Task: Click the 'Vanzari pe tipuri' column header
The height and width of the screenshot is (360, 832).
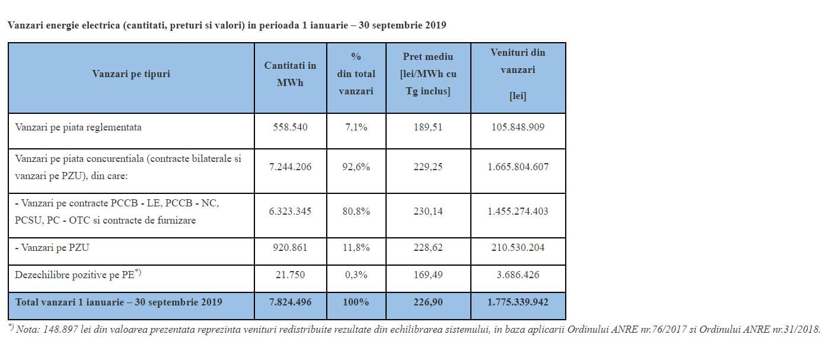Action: click(x=131, y=74)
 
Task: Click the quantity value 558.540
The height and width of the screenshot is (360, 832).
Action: click(x=290, y=127)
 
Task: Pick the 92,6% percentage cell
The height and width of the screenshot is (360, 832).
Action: click(x=356, y=167)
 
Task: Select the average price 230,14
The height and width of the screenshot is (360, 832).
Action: click(x=428, y=211)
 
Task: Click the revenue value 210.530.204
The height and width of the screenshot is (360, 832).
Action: click(x=518, y=247)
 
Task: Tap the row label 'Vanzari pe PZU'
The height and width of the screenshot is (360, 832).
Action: click(x=52, y=247)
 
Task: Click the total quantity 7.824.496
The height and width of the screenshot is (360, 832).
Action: click(x=290, y=302)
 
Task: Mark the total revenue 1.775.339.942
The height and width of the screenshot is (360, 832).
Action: click(x=518, y=302)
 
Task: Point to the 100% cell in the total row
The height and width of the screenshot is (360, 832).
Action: click(x=356, y=302)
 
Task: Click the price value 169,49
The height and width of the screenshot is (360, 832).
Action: click(x=428, y=275)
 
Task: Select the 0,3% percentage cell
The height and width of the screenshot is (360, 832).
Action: click(x=356, y=275)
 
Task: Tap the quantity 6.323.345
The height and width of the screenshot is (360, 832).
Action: click(x=290, y=211)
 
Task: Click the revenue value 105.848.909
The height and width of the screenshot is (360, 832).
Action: click(x=518, y=127)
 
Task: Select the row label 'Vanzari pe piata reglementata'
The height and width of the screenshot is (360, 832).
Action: click(x=78, y=128)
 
